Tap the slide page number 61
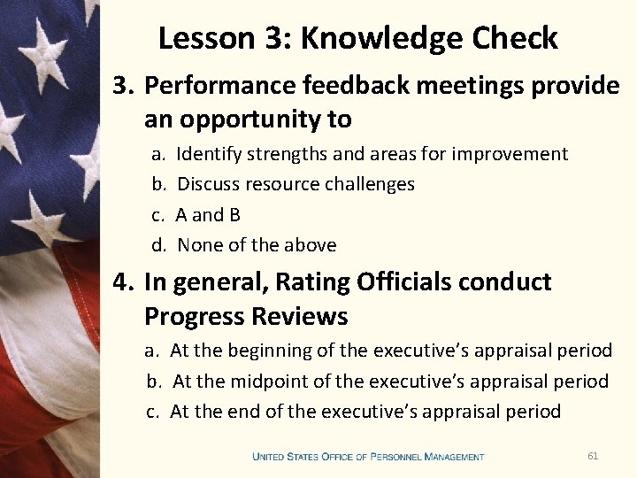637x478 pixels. [x=593, y=456]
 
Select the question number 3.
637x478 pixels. [x=120, y=86]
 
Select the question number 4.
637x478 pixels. [x=120, y=282]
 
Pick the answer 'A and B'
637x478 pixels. [x=208, y=215]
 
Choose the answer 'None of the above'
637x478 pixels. [x=257, y=245]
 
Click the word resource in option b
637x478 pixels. [x=283, y=184]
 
